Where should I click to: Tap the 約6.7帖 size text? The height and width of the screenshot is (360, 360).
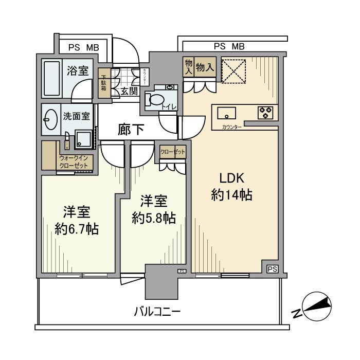point(77,228)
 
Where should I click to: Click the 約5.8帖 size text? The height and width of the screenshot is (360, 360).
point(153,218)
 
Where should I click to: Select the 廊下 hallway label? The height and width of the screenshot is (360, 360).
point(131,130)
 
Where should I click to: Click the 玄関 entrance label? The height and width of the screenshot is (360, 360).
point(129,92)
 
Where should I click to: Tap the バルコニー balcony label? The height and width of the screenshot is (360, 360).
point(158,311)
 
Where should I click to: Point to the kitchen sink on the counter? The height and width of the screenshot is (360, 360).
point(227,112)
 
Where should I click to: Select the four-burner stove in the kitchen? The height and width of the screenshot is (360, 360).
point(265,112)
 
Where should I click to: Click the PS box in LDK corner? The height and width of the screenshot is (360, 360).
point(272,269)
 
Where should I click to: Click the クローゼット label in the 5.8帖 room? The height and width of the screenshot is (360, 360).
point(172,152)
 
